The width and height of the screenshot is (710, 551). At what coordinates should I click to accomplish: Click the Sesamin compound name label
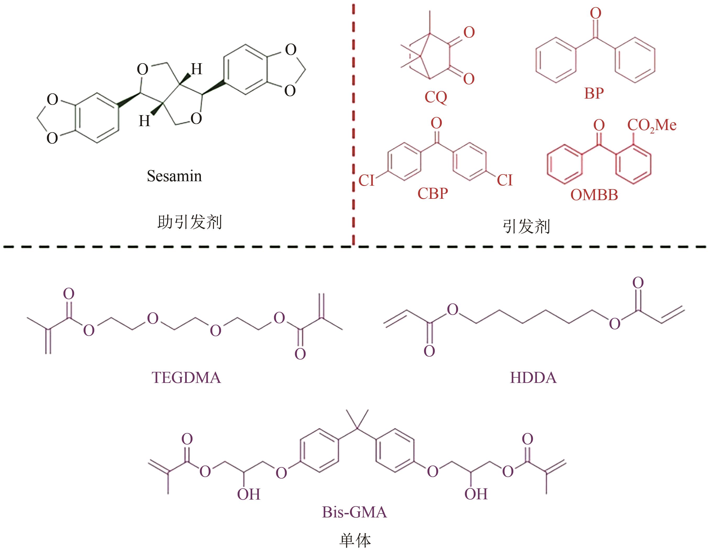coord(174,176)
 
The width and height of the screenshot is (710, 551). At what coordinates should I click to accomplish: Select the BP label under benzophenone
coord(594,93)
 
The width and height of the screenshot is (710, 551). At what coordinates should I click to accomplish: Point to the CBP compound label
coord(432,193)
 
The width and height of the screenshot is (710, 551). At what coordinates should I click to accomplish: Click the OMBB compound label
coord(594,195)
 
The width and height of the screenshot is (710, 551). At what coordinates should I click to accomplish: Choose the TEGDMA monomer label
coord(186,378)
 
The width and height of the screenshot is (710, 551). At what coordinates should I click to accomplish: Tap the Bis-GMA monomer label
coord(354,512)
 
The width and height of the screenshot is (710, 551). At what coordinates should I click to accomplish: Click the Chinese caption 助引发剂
coord(190,222)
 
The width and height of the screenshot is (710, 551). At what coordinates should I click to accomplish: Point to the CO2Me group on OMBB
coord(652,125)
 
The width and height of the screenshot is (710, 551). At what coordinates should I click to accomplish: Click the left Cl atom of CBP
coord(366,180)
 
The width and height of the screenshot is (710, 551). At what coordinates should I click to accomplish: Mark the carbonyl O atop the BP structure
coord(595,13)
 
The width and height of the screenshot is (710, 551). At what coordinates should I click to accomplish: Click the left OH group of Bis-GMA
coord(249,494)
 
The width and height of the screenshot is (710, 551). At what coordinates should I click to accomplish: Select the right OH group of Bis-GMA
coord(476,494)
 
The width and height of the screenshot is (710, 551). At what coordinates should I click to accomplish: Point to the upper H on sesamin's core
coord(197,69)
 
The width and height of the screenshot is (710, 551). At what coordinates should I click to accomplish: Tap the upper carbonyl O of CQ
coord(469,33)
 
